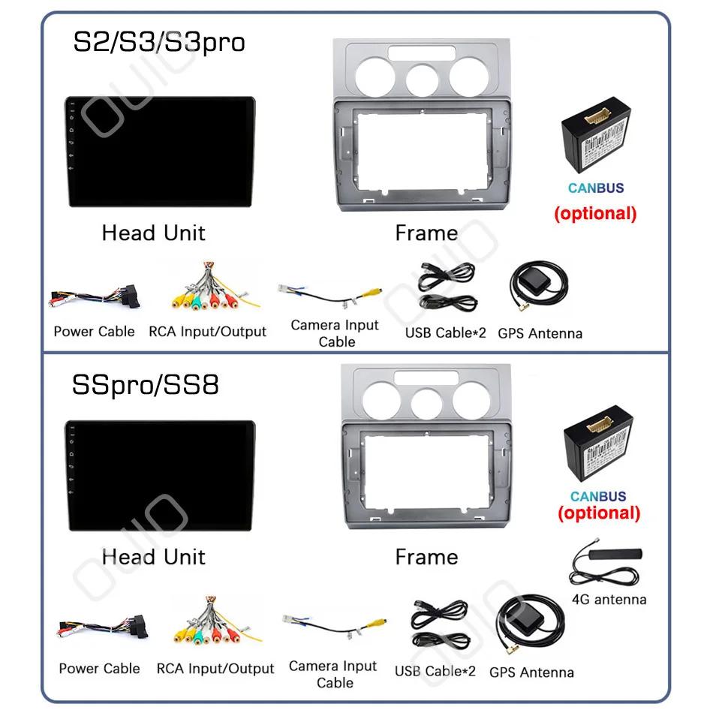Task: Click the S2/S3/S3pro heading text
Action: click(x=158, y=42)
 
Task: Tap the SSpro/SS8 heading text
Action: click(x=146, y=385)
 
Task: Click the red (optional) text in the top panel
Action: click(x=595, y=213)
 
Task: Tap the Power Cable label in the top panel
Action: click(x=94, y=332)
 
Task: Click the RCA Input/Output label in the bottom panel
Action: click(x=215, y=669)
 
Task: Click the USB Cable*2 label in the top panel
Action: click(x=446, y=332)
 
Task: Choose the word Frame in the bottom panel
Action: click(x=426, y=557)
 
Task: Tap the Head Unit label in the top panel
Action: click(x=153, y=233)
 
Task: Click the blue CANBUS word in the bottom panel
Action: click(x=597, y=496)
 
